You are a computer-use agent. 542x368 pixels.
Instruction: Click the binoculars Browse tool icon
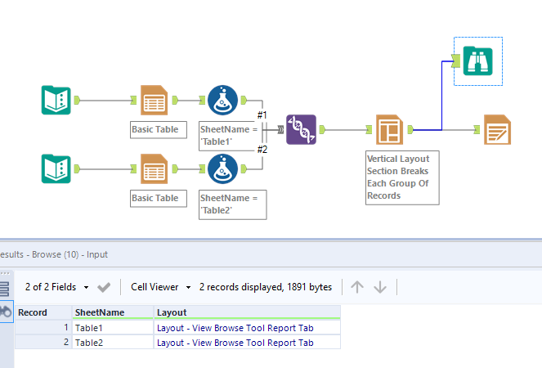click(478, 61)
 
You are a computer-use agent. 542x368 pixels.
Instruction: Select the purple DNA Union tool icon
click(301, 129)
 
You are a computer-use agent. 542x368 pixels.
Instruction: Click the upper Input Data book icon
click(56, 100)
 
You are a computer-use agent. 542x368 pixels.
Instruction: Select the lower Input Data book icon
click(56, 168)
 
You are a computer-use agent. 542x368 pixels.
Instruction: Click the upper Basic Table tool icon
click(154, 100)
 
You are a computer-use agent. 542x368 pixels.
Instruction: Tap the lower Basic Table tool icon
click(154, 168)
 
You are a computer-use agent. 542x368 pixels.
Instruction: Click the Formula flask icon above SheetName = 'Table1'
click(222, 100)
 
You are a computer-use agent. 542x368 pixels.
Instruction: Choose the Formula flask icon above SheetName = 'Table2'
click(222, 168)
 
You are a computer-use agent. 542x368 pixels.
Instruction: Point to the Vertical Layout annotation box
click(402, 177)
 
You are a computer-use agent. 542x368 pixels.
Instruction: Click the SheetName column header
click(112, 312)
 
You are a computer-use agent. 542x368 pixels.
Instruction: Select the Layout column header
click(246, 312)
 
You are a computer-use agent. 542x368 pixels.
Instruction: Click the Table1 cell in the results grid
click(112, 328)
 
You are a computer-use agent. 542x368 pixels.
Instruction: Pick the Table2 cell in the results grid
click(112, 343)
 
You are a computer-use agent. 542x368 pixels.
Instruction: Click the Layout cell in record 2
click(246, 343)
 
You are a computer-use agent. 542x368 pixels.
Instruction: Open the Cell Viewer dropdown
click(160, 287)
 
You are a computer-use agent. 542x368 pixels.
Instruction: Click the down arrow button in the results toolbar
click(380, 287)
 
